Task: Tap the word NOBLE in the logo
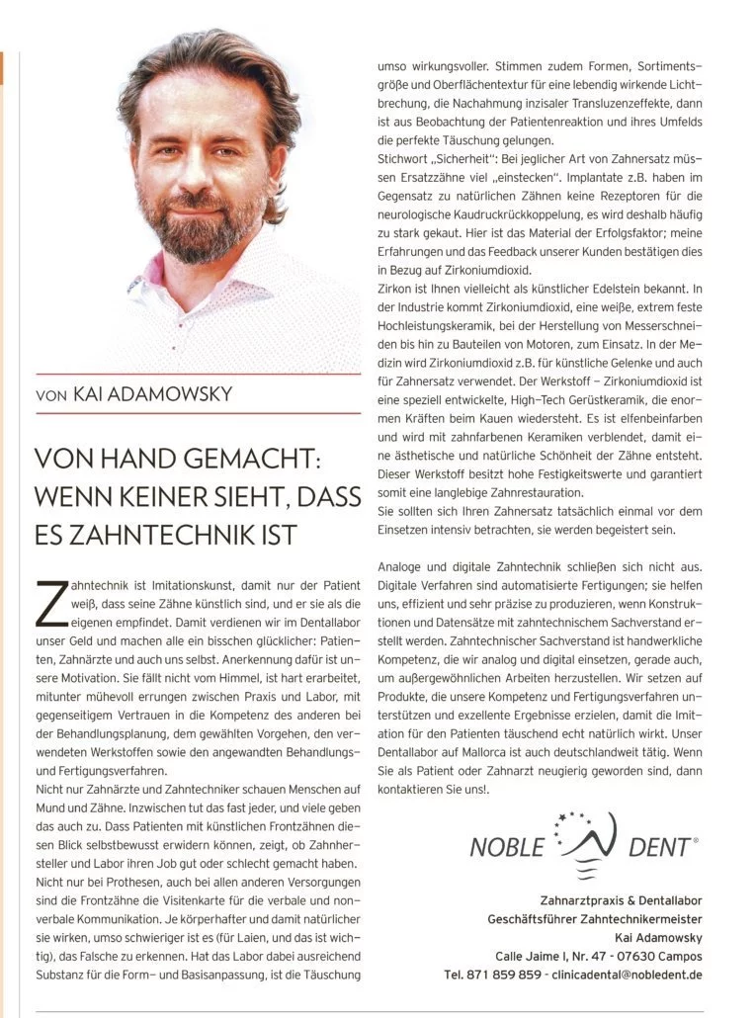click(x=507, y=847)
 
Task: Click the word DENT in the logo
click(x=661, y=847)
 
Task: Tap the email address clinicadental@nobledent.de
click(x=627, y=974)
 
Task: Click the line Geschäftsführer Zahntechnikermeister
click(x=595, y=918)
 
